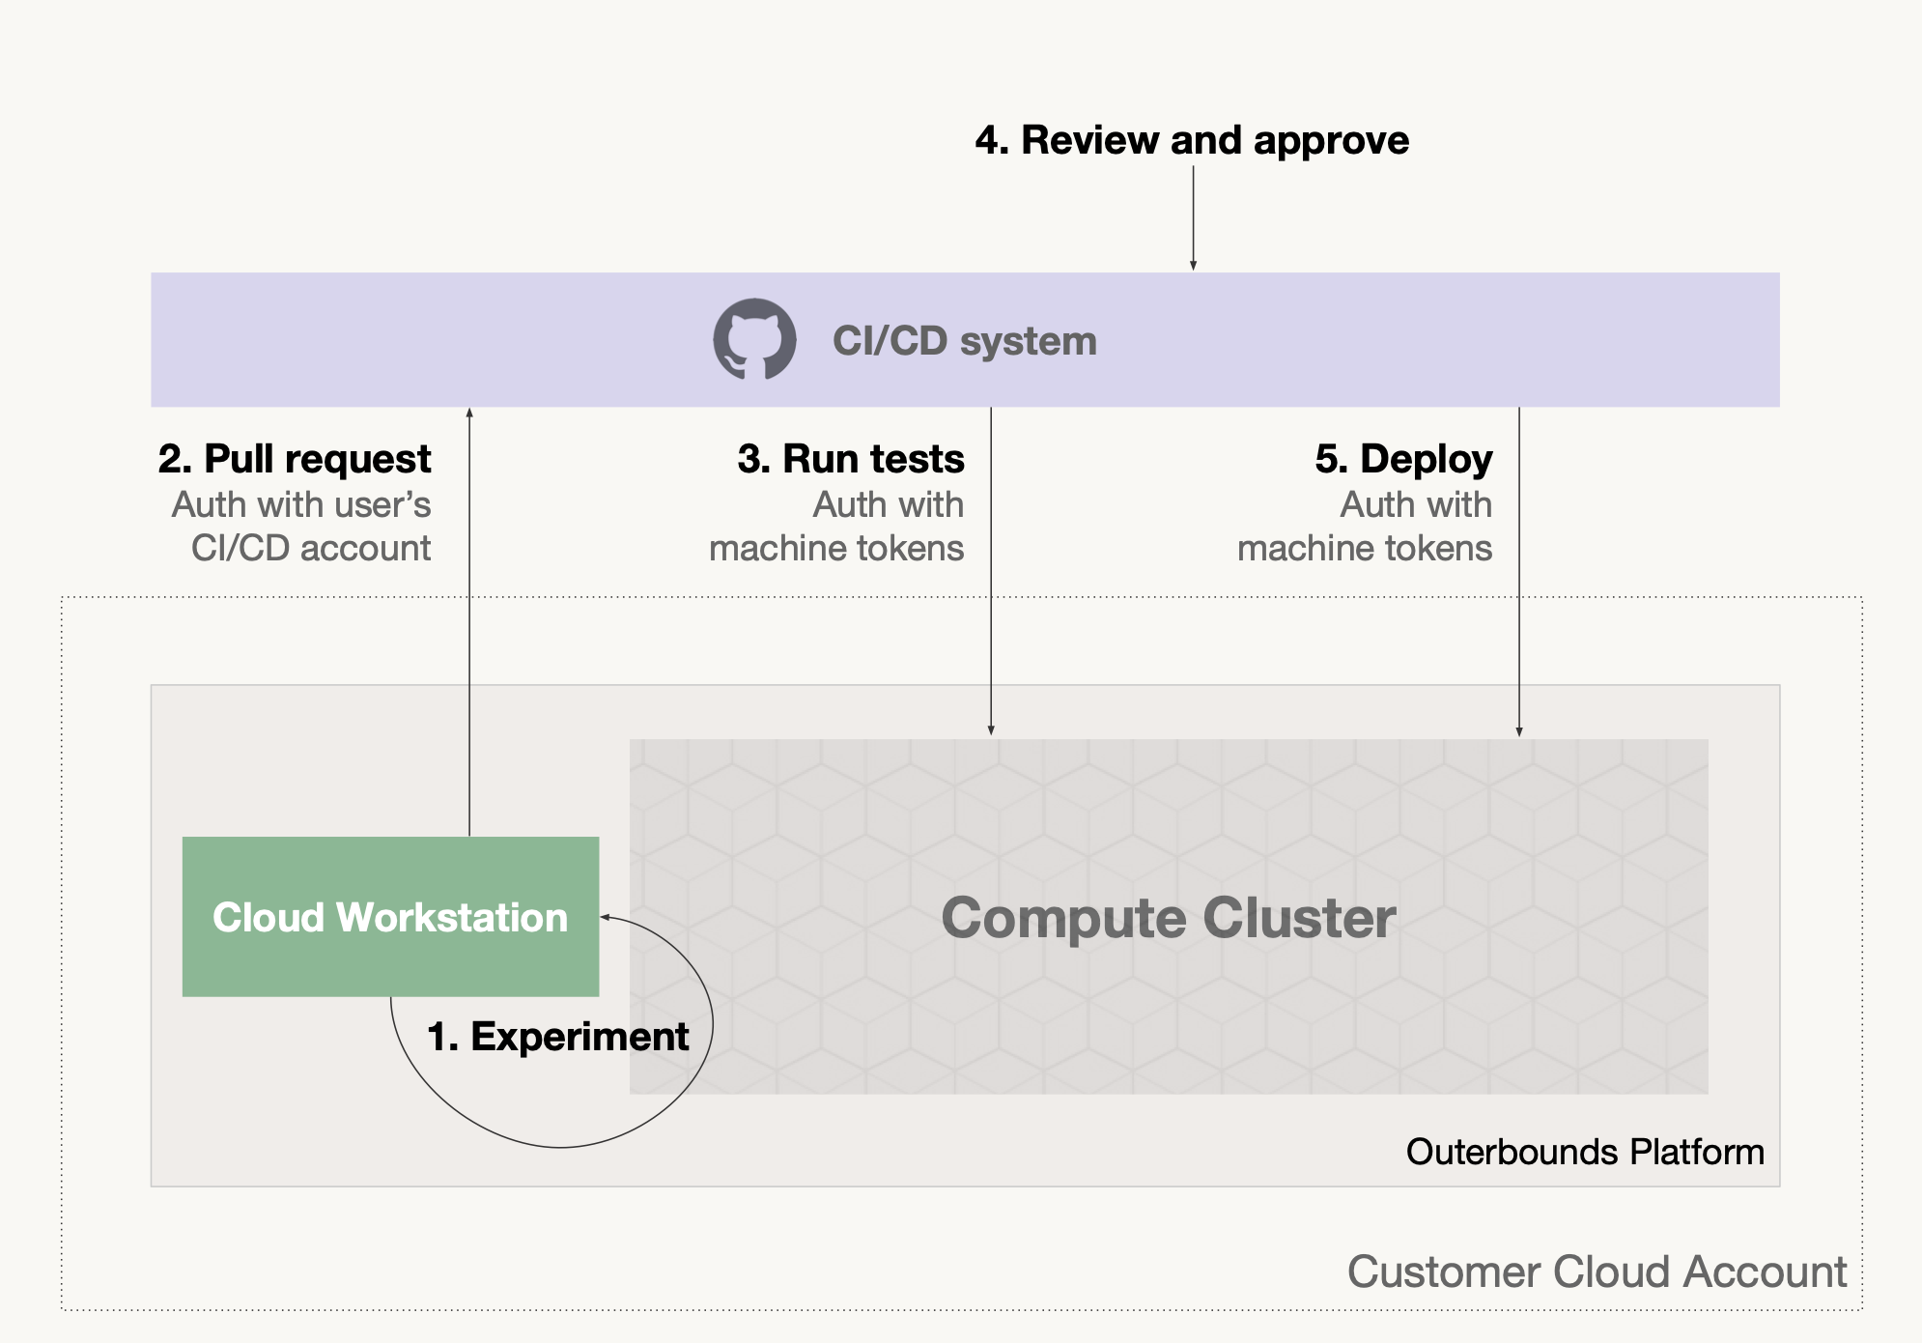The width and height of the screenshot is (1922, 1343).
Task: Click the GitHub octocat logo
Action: point(754,339)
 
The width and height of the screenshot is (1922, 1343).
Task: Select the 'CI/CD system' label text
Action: point(964,341)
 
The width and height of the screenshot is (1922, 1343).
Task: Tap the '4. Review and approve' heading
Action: point(1192,140)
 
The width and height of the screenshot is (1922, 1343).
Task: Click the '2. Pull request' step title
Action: point(295,459)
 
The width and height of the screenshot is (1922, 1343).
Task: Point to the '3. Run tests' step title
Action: point(851,459)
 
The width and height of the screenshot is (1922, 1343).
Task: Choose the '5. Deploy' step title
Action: point(1403,459)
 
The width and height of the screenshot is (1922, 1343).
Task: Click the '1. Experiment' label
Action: point(557,1037)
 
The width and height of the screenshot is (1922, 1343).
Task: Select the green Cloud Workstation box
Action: point(390,916)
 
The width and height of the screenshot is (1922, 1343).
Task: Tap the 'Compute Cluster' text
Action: point(1169,918)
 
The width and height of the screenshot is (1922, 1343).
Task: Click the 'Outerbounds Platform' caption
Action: point(1585,1152)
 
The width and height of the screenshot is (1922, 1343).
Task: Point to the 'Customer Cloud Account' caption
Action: point(1597,1272)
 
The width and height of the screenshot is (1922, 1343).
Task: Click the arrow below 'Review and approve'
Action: point(1193,217)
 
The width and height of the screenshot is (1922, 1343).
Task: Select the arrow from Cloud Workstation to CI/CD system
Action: point(469,621)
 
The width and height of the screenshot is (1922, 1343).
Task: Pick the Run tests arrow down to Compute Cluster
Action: point(991,571)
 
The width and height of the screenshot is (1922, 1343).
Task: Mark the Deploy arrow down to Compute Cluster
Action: point(1519,572)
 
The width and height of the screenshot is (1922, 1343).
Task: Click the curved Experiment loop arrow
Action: point(560,1147)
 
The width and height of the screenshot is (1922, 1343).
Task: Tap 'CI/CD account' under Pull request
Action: point(311,548)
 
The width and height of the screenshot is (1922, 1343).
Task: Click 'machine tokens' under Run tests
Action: point(836,548)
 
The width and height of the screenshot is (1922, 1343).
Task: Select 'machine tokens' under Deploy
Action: point(1365,548)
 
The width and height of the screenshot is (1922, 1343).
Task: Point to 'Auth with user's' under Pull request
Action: point(301,504)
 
